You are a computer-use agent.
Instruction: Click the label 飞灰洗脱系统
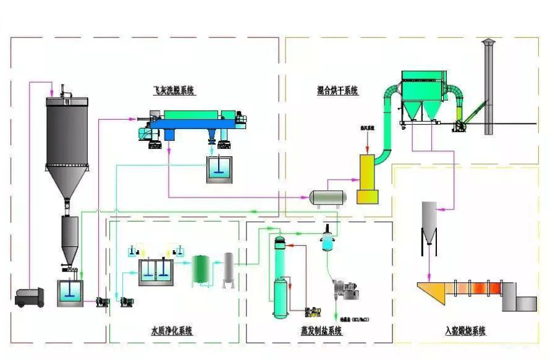tap(174, 90)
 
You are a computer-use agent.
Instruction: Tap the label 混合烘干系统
tap(338, 91)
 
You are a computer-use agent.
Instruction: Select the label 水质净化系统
tap(172, 331)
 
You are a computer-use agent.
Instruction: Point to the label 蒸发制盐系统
tap(321, 331)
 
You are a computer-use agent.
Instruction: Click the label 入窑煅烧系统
tap(465, 331)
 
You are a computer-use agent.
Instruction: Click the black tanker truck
tap(30, 298)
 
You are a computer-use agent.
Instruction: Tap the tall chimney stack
tap(488, 86)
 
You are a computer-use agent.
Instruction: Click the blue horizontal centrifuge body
tap(192, 123)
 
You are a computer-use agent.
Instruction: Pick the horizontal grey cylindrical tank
tap(328, 197)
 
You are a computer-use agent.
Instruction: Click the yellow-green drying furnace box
tap(367, 179)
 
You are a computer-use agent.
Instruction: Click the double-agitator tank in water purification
tap(155, 271)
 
